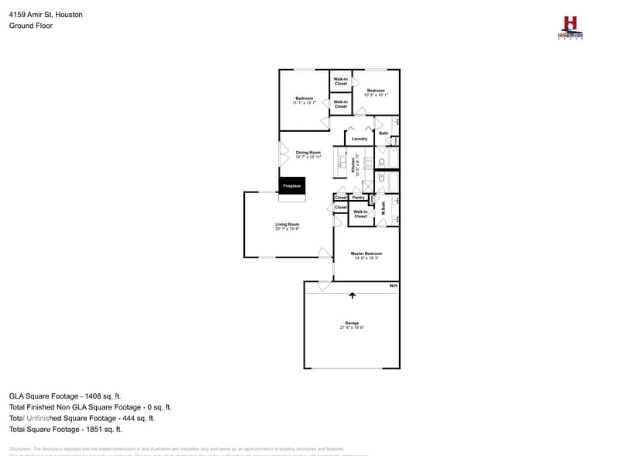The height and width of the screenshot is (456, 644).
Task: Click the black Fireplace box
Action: (291, 186)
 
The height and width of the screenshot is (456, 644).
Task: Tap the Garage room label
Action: (352, 323)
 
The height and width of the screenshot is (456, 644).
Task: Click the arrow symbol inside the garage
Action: (353, 295)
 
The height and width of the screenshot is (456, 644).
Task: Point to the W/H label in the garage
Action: (393, 286)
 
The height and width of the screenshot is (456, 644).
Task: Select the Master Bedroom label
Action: (366, 254)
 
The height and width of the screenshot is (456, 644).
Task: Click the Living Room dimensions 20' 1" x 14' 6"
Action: (287, 229)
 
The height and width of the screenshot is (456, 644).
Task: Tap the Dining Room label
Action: (308, 152)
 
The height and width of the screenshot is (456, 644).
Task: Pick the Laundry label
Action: (359, 139)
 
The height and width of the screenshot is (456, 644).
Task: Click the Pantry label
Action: (358, 198)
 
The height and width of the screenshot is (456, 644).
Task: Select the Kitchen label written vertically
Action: (353, 165)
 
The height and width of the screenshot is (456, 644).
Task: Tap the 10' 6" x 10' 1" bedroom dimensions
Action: (376, 95)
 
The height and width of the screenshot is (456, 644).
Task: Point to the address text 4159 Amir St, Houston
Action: (46, 15)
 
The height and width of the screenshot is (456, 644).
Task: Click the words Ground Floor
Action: (31, 26)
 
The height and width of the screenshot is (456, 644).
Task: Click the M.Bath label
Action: (383, 209)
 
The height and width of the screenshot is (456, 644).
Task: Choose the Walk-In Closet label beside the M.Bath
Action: (360, 213)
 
